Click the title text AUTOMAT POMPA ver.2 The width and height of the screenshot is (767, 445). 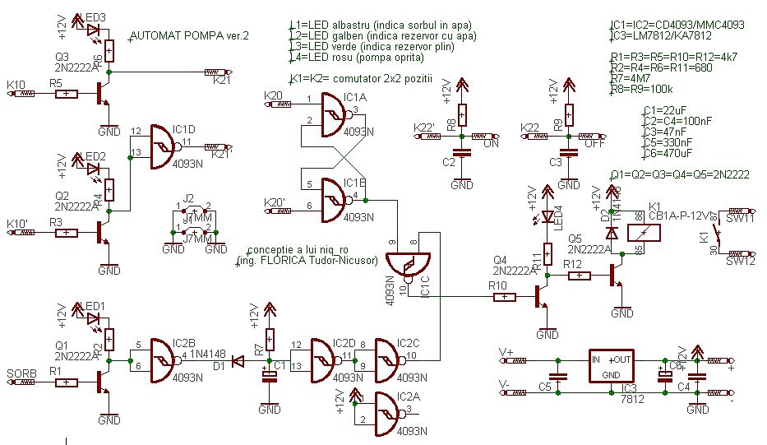click(x=189, y=37)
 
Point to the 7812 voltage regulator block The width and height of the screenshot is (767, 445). click(x=612, y=367)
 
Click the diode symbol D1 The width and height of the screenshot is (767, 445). click(x=238, y=361)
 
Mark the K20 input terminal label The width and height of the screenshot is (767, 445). click(x=273, y=96)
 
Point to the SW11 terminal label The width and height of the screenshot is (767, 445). click(x=740, y=220)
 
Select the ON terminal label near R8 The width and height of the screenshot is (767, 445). click(x=492, y=143)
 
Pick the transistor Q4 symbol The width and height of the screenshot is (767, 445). click(x=540, y=296)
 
